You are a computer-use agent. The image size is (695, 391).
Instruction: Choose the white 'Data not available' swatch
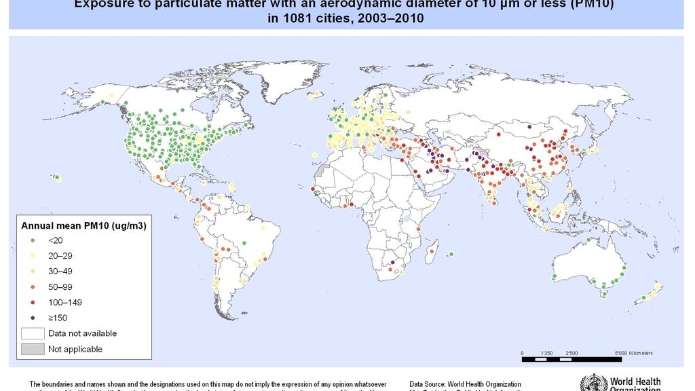tap(32, 333)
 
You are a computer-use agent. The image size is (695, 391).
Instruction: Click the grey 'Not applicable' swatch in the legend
tap(32, 349)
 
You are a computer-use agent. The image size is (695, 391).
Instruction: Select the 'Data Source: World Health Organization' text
tap(466, 384)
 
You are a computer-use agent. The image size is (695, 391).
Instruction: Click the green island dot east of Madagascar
tap(451, 255)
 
